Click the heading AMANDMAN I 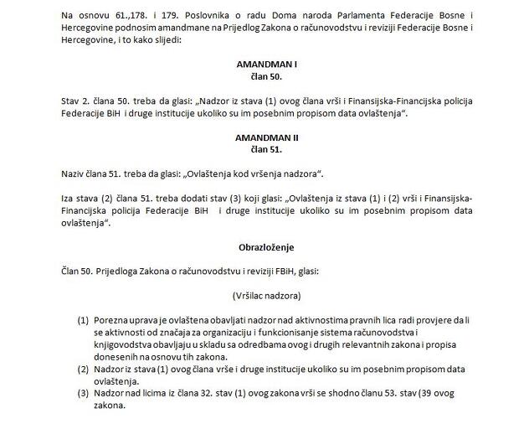(x=267, y=63)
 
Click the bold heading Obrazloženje (x=267, y=247)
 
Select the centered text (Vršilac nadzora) (x=267, y=296)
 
